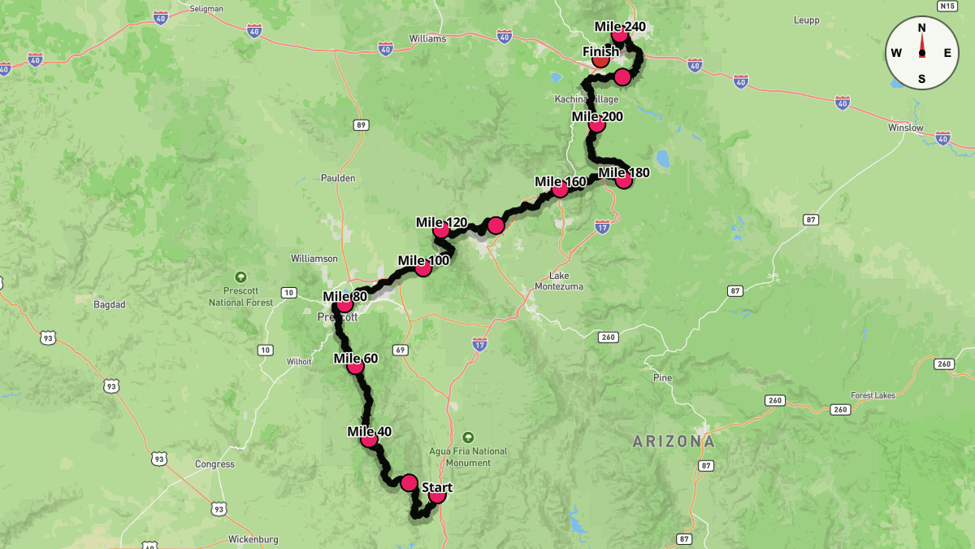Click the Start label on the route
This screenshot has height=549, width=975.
click(x=437, y=487)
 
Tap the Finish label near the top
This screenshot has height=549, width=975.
click(x=600, y=52)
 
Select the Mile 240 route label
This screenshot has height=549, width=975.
click(x=620, y=27)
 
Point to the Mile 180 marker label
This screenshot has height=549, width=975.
click(x=623, y=172)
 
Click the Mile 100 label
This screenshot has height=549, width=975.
click(x=423, y=261)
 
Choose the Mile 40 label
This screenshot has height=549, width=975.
click(x=369, y=432)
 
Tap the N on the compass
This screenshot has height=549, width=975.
click(x=921, y=27)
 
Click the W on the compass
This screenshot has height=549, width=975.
click(x=896, y=53)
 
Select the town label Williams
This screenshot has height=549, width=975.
click(x=427, y=38)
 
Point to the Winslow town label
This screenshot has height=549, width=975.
click(x=906, y=128)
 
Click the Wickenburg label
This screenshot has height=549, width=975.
click(x=253, y=539)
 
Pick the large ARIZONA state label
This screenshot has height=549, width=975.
click(x=674, y=442)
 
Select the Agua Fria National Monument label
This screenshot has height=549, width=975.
click(x=468, y=457)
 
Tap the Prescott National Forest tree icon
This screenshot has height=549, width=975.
click(x=240, y=277)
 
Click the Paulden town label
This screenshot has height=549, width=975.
click(x=338, y=178)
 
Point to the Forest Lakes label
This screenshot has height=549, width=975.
click(x=873, y=395)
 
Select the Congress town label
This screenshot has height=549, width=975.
click(x=214, y=464)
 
